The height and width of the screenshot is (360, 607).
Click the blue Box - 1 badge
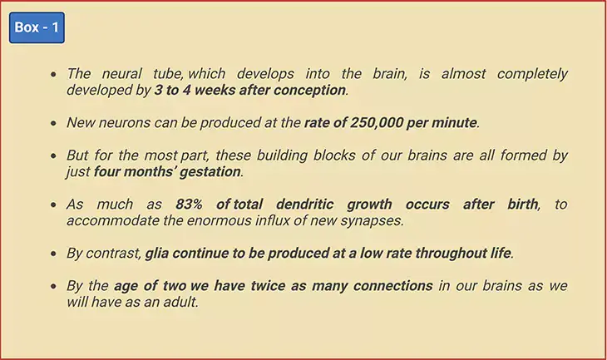click(x=37, y=27)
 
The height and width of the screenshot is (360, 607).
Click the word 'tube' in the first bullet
click(x=168, y=73)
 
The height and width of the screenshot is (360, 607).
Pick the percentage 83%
click(x=189, y=204)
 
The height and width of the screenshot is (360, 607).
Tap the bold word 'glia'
click(x=157, y=253)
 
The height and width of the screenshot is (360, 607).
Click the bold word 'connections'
click(x=393, y=286)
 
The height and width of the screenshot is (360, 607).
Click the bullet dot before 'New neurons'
click(x=53, y=123)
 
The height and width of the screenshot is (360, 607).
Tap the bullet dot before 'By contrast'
click(x=53, y=254)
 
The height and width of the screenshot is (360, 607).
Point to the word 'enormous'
click(x=220, y=220)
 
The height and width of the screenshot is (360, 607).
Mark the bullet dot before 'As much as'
click(x=53, y=205)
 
